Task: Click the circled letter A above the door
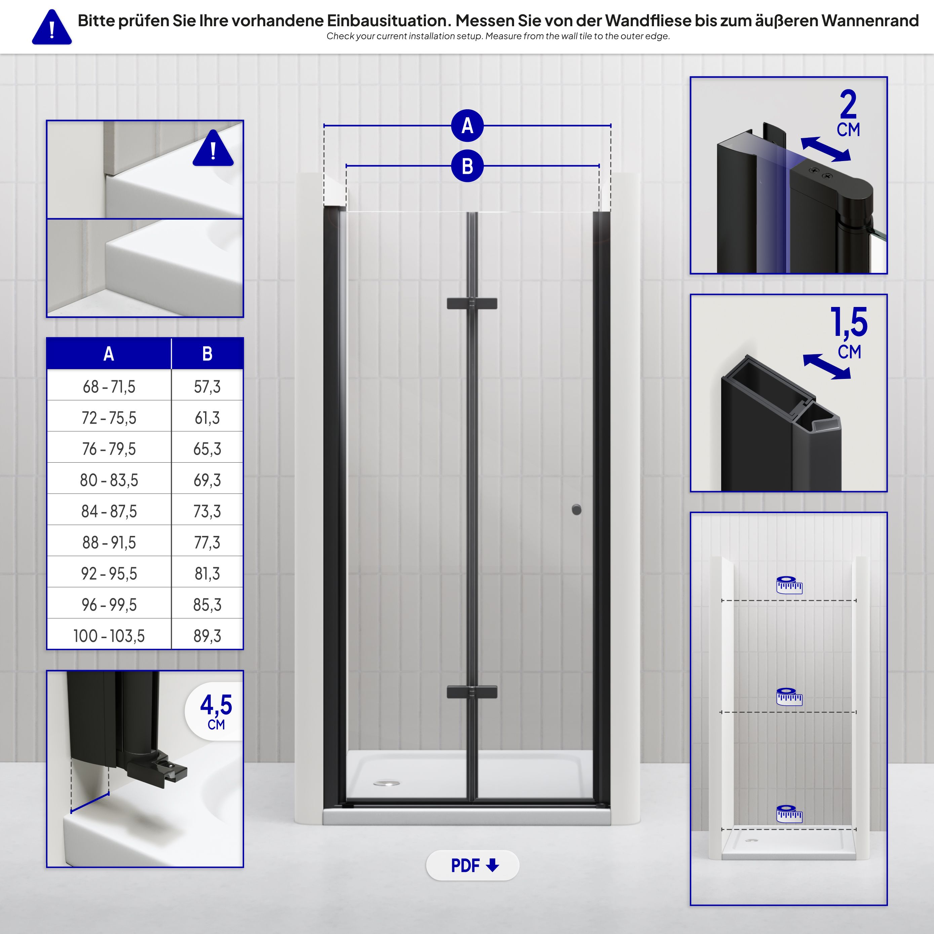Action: click(467, 126)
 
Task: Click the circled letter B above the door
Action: click(467, 166)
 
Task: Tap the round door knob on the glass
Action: click(576, 510)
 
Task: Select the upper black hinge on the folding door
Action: click(472, 304)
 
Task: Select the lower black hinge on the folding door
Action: click(472, 692)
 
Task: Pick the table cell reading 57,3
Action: click(207, 386)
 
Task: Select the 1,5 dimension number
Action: click(849, 322)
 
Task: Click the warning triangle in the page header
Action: click(52, 28)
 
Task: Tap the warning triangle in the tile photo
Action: click(213, 149)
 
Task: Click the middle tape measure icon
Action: click(789, 697)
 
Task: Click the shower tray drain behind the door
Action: click(387, 783)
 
